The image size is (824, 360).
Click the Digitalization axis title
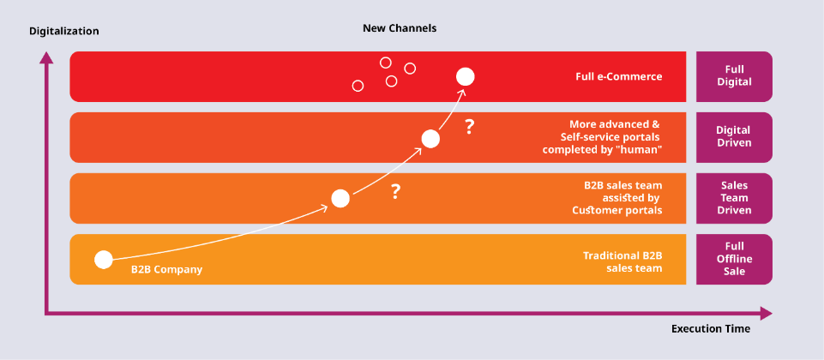point(64,31)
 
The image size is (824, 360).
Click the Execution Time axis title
point(711,329)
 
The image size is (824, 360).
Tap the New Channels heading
point(400,28)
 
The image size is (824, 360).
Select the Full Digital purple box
point(734,76)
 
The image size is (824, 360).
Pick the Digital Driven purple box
point(734,137)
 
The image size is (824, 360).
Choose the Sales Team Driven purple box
point(734,198)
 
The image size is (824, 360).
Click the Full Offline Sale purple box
point(734,259)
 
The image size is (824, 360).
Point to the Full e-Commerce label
point(618,77)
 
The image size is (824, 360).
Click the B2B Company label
point(166,270)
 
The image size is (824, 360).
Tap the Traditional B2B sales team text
point(623,262)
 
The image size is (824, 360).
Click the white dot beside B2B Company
point(104,260)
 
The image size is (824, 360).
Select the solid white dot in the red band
point(465,77)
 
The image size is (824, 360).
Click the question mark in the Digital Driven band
point(469,127)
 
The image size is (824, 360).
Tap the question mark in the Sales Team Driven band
point(396,192)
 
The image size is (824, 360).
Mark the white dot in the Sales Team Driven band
point(340,199)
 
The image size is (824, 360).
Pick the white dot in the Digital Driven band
point(430,139)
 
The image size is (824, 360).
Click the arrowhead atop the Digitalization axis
point(47,57)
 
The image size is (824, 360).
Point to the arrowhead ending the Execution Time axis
point(767,314)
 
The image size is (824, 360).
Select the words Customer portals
point(617,210)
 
